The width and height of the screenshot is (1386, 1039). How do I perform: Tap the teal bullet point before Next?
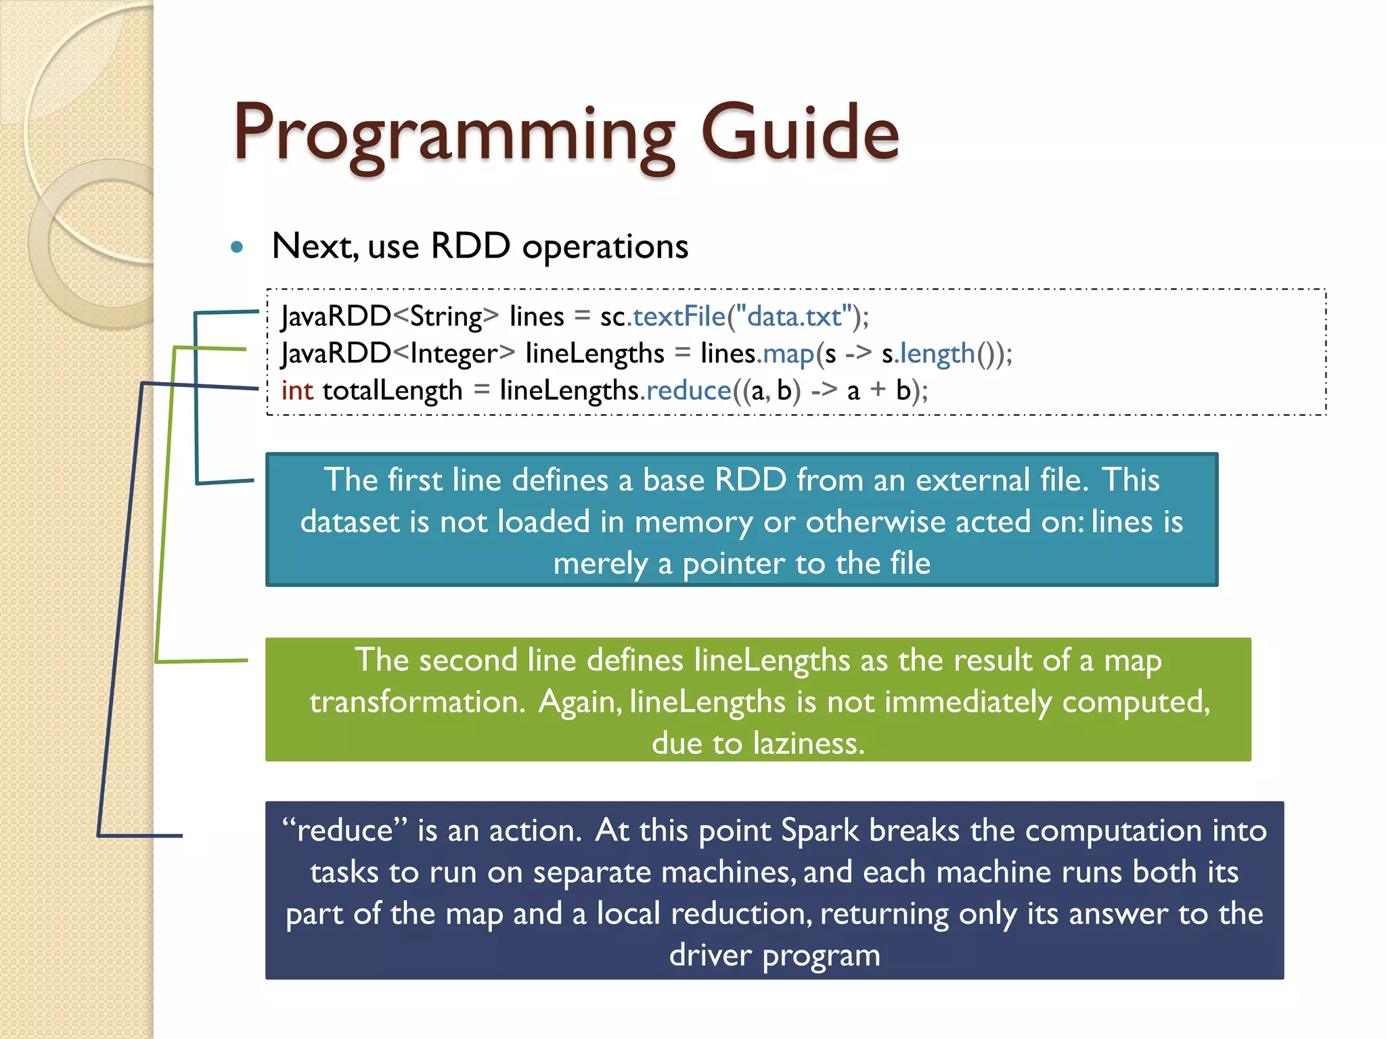point(237,247)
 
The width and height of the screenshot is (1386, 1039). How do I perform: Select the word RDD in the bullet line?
point(470,246)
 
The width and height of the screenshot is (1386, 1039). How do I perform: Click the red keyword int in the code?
point(297,391)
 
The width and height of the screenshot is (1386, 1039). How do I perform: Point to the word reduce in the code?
point(689,391)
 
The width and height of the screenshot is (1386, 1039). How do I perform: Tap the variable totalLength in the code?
point(393,391)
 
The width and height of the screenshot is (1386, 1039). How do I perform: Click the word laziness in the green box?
point(809,743)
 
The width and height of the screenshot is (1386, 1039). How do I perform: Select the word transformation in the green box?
point(418,701)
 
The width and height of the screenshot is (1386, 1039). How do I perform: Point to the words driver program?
point(774,956)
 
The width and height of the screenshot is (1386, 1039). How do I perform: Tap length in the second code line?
point(937,354)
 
